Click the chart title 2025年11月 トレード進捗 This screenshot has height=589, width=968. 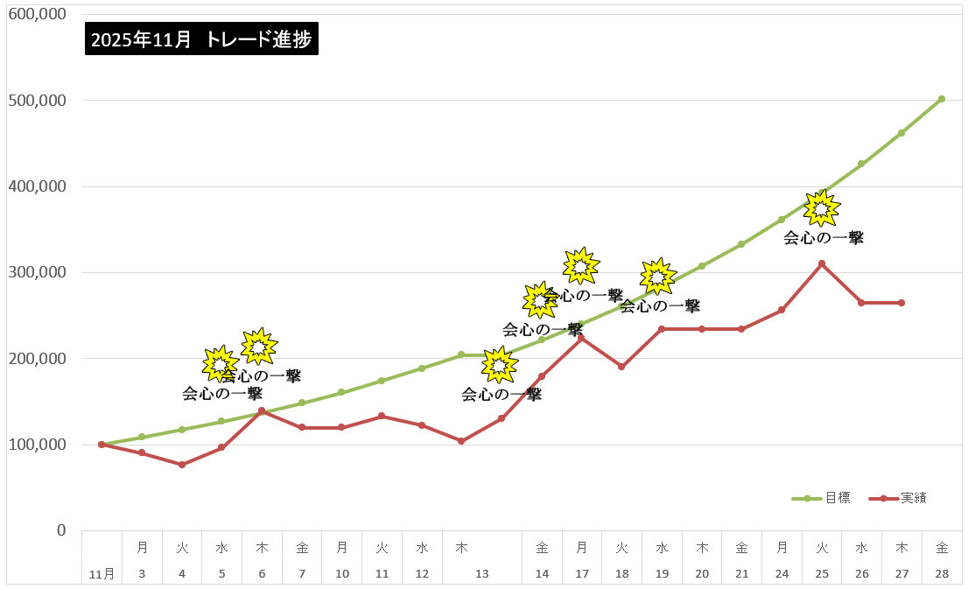[x=201, y=39]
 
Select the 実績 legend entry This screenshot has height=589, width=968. [x=913, y=498]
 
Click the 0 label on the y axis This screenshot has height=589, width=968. [x=61, y=530]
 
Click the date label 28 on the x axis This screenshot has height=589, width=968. [x=941, y=574]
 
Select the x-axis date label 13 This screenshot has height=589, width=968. [x=481, y=574]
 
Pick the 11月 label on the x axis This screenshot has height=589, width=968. [x=102, y=574]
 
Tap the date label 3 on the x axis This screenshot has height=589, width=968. [x=142, y=574]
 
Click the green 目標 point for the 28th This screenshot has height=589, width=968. [x=941, y=99]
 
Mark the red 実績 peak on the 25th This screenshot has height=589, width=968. [x=821, y=263]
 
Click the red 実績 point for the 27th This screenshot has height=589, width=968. [x=901, y=303]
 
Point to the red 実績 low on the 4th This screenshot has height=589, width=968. [x=182, y=465]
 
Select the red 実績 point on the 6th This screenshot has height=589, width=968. [x=262, y=410]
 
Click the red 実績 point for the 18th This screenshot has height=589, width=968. [x=621, y=367]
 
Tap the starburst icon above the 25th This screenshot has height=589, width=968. [x=821, y=208]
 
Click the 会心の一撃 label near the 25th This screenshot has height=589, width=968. [x=823, y=237]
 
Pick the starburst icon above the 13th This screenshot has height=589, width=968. [x=499, y=365]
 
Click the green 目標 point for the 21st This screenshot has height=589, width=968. [x=740, y=244]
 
